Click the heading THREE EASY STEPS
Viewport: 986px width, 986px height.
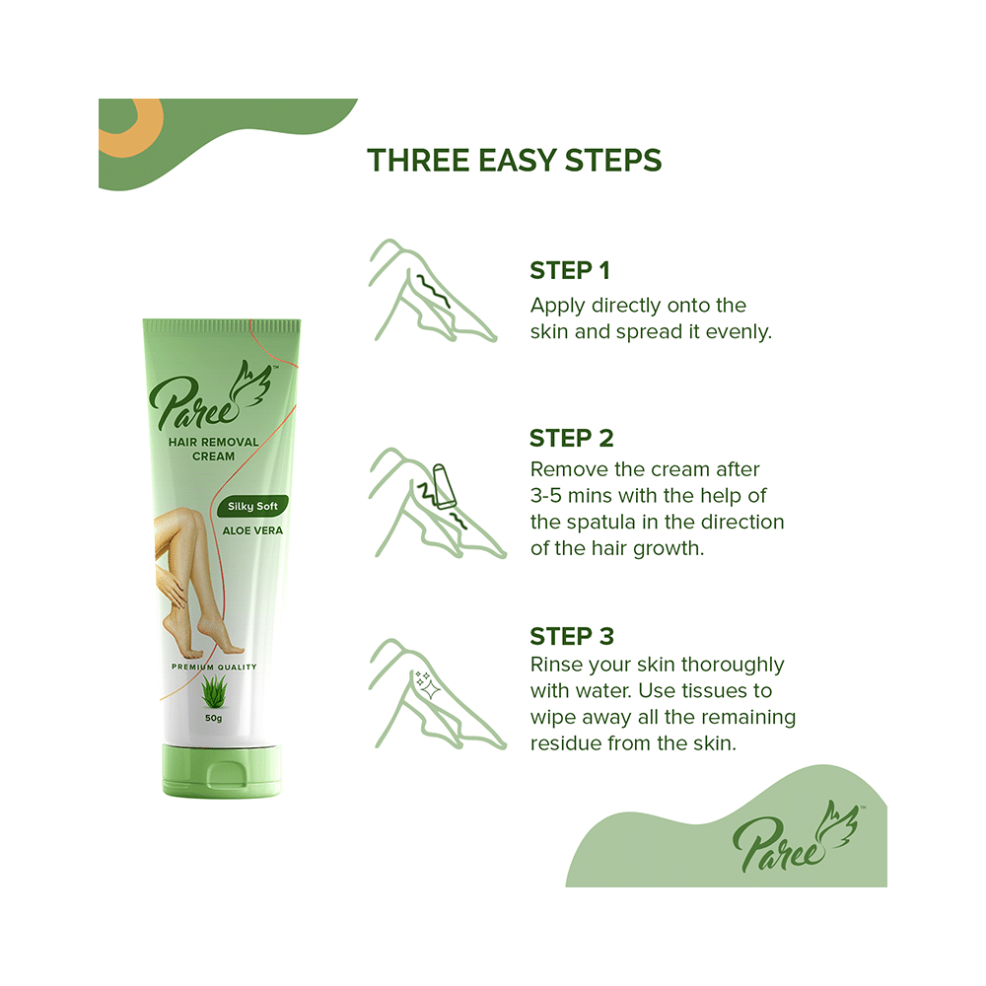point(514,160)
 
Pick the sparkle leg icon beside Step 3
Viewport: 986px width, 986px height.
point(434,690)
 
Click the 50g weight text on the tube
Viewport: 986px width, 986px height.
point(213,718)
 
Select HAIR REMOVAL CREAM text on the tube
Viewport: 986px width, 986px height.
point(212,450)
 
